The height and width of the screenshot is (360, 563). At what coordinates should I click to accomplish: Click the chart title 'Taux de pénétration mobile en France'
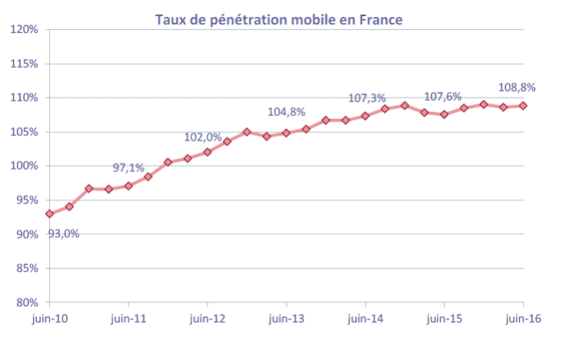click(x=279, y=20)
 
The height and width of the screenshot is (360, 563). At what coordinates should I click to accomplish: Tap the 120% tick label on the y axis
click(x=25, y=29)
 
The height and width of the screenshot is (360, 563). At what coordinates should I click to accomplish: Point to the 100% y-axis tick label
click(x=25, y=166)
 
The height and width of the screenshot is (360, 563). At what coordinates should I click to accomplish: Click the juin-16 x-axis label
click(x=523, y=318)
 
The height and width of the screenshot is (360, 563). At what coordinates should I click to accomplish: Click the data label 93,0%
click(x=64, y=233)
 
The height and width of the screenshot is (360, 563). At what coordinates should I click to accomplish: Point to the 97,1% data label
click(x=129, y=167)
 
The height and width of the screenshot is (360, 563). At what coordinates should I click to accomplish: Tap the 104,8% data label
click(x=286, y=112)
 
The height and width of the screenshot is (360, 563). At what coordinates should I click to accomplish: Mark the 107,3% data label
click(x=366, y=98)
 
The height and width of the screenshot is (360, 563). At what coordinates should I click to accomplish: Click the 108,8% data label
click(x=517, y=88)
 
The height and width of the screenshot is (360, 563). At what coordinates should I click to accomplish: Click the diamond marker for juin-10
click(x=50, y=213)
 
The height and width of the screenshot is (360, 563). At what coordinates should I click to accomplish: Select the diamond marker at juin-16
click(x=523, y=106)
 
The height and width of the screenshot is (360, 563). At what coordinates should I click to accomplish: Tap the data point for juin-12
click(x=207, y=152)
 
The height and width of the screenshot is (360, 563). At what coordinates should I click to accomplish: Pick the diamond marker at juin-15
click(x=444, y=114)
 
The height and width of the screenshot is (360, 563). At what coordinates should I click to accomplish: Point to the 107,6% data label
click(x=443, y=97)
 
